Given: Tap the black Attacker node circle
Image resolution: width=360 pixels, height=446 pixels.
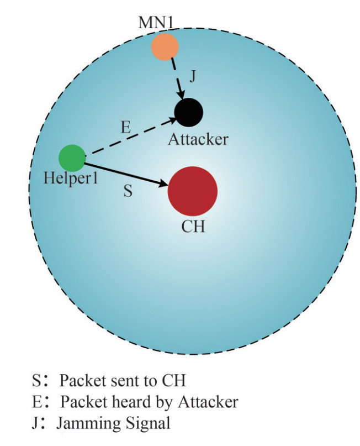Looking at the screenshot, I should tap(188, 113).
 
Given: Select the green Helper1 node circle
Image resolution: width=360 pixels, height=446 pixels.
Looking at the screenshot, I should tap(72, 158).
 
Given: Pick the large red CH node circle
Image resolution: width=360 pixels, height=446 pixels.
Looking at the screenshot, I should tap(192, 190).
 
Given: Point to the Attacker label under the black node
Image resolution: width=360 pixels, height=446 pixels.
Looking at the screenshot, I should tap(198, 139).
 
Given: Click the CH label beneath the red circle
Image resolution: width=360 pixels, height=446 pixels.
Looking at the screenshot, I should tap(193, 227).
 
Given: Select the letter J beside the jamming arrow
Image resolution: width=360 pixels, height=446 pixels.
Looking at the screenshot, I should tap(192, 77).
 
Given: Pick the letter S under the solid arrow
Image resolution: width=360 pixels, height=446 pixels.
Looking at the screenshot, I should tap(128, 191).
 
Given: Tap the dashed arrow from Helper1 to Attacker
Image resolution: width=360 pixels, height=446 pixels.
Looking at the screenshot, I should tap(130, 136).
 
